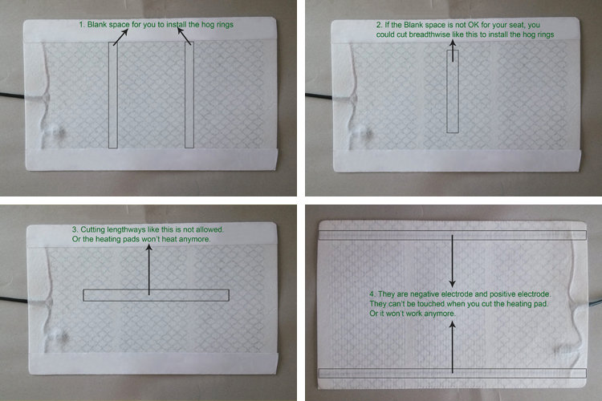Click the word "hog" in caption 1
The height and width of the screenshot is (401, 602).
(x=208, y=25)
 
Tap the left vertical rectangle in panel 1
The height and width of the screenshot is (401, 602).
(x=108, y=95)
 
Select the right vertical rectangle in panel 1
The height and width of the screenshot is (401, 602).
(x=185, y=95)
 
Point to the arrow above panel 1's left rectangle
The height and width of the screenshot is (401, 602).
(x=120, y=37)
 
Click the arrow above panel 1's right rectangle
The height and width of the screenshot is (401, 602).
(x=184, y=36)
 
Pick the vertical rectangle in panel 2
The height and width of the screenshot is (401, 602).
(x=447, y=91)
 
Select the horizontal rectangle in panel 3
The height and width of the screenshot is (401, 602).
(x=156, y=290)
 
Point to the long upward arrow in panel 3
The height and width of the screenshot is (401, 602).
(x=149, y=269)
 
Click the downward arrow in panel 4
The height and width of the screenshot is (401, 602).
(x=452, y=261)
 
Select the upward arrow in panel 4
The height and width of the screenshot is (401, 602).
(x=452, y=347)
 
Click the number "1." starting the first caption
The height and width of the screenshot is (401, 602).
(x=82, y=25)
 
